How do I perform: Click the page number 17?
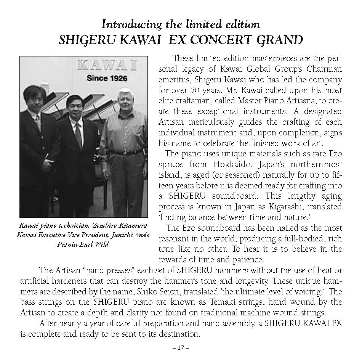[181, 348]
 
